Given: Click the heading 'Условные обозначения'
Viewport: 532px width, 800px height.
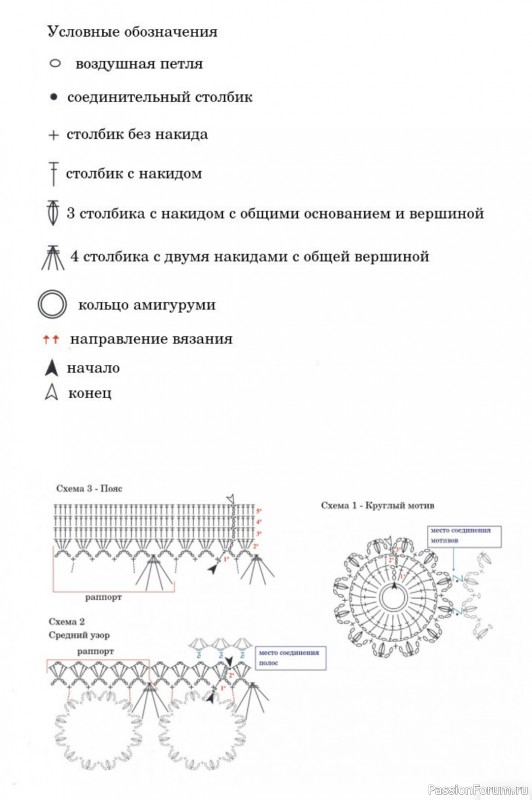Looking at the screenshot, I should (x=132, y=32).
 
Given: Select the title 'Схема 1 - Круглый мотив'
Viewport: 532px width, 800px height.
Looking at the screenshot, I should (x=378, y=506).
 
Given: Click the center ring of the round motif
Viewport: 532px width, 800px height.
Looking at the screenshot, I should (x=393, y=597).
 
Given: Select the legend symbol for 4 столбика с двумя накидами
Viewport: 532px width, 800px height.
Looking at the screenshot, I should (x=52, y=256).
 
